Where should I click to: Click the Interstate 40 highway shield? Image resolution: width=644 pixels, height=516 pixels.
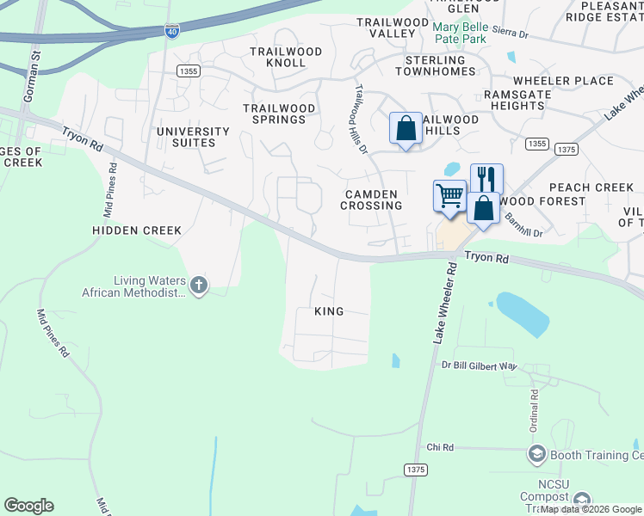pos(172,31)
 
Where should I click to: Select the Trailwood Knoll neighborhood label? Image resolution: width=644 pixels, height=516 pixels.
pos(285,58)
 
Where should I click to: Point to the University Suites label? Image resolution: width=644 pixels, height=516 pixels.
pos(193,137)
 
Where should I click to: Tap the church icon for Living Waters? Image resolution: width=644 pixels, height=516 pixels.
pos(199,285)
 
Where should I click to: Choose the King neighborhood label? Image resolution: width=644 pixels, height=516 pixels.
pos(329,311)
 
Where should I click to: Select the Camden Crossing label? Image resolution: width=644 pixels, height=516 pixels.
pos(371,200)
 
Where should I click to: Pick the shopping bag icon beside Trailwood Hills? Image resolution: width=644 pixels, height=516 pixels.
pos(406,128)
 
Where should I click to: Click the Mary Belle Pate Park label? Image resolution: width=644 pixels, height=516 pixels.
pos(471,33)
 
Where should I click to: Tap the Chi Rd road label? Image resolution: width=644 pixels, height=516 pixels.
pos(440,448)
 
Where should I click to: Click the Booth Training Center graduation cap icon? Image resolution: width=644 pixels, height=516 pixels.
pos(536,453)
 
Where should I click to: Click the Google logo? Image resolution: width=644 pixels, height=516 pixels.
pos(28,506)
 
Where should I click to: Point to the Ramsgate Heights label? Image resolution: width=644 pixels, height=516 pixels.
pos(513,100)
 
